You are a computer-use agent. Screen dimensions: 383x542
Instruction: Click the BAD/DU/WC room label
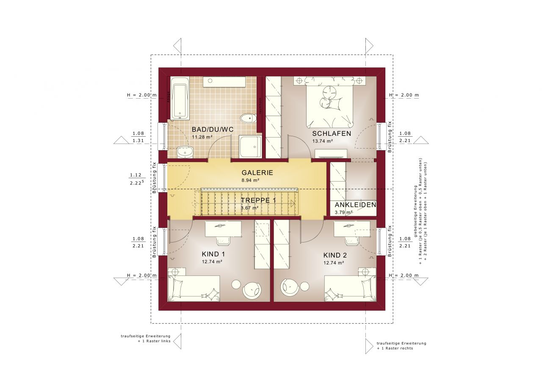[213, 129]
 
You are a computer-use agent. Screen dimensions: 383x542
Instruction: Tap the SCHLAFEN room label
[332, 133]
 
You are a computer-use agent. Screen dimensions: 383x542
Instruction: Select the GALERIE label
[257, 173]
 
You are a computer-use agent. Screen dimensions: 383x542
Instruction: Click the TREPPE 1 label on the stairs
[258, 200]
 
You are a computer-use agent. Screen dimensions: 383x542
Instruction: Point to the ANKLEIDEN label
[355, 205]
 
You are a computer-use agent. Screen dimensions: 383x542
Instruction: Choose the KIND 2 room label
[335, 255]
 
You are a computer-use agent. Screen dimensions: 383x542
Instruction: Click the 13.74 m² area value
[321, 141]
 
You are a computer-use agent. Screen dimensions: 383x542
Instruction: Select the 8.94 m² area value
[250, 180]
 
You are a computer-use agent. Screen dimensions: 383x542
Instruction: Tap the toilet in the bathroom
[246, 118]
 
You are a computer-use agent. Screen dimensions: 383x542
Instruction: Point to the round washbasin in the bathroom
[185, 151]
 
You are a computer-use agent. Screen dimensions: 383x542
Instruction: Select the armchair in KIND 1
[252, 290]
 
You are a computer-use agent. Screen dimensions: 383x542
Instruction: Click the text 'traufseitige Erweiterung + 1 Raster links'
[145, 338]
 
